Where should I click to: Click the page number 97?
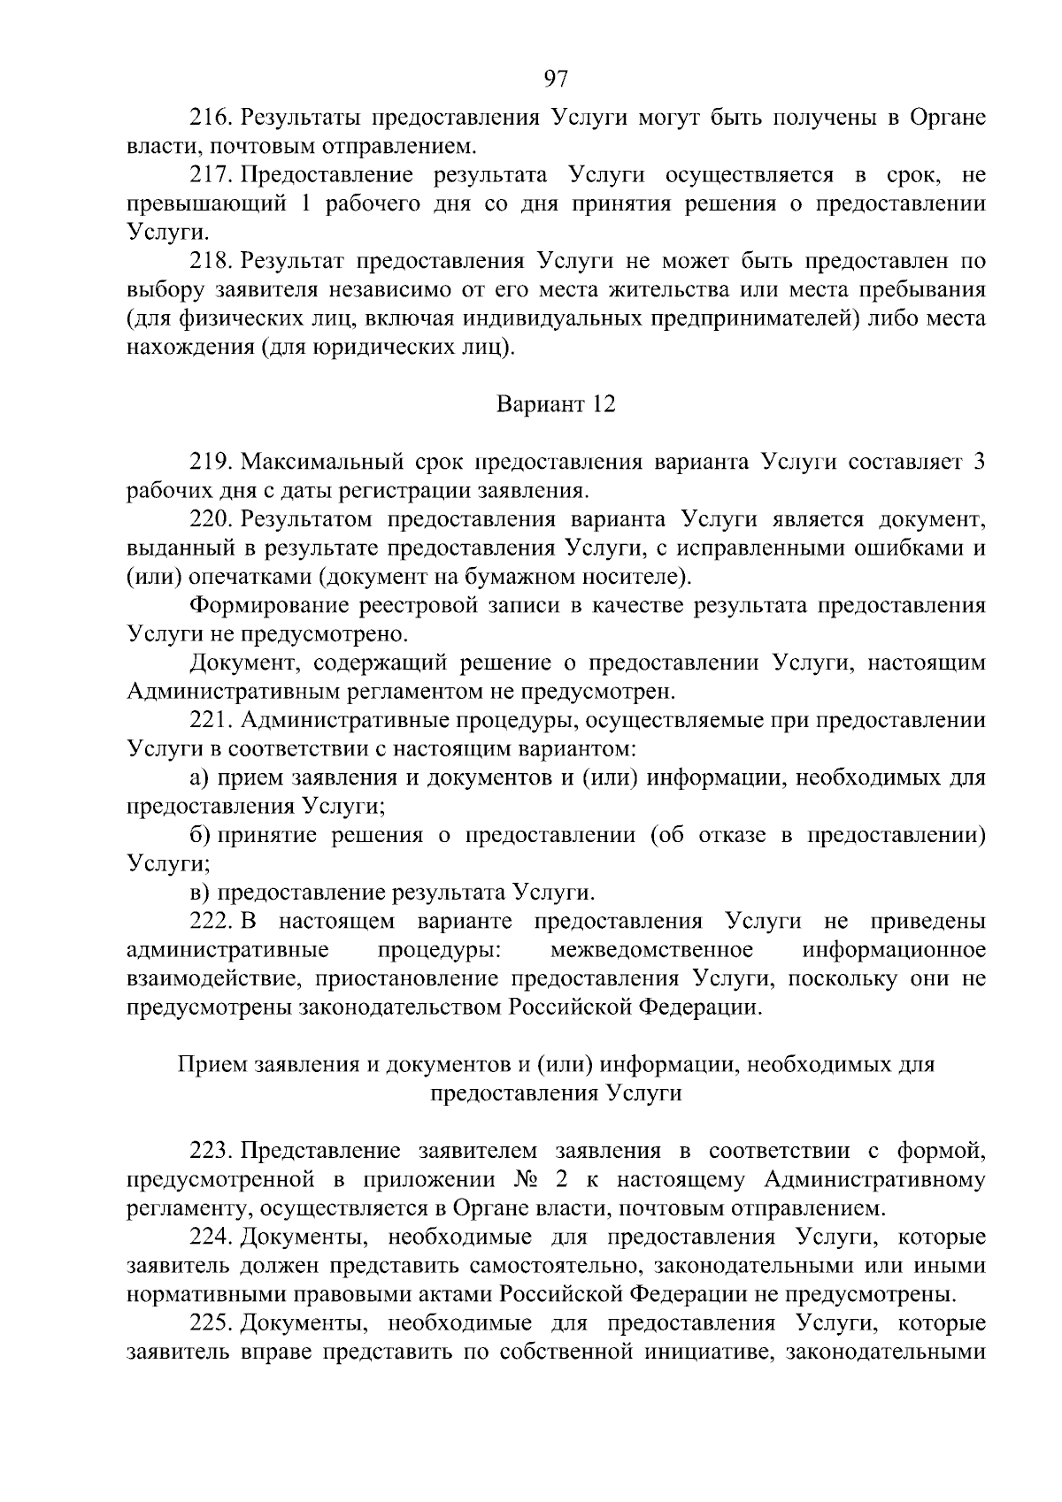(555, 78)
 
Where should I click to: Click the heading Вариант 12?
(555, 405)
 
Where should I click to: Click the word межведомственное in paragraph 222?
(651, 950)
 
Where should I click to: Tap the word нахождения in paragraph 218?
(190, 348)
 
